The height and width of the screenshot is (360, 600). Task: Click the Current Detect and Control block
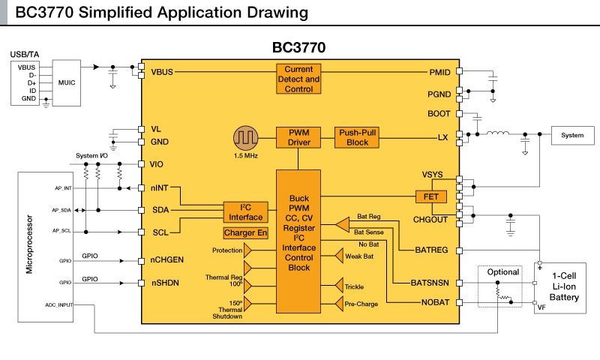tap(298, 79)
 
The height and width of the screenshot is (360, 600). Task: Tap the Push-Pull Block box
tap(358, 137)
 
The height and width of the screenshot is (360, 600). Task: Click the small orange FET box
tap(431, 196)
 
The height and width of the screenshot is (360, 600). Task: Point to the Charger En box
tap(245, 233)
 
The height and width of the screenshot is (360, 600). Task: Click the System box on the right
tap(572, 135)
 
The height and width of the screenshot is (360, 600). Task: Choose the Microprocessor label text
tap(29, 245)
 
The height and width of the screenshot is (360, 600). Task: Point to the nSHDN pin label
tap(167, 283)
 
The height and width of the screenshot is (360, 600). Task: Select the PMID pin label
tap(438, 72)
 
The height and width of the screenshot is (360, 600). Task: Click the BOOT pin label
tap(438, 114)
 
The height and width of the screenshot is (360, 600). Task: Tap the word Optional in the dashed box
tap(503, 272)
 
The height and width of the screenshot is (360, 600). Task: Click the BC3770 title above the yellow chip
tap(298, 47)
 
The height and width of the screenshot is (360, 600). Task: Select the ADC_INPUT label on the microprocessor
tap(61, 305)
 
